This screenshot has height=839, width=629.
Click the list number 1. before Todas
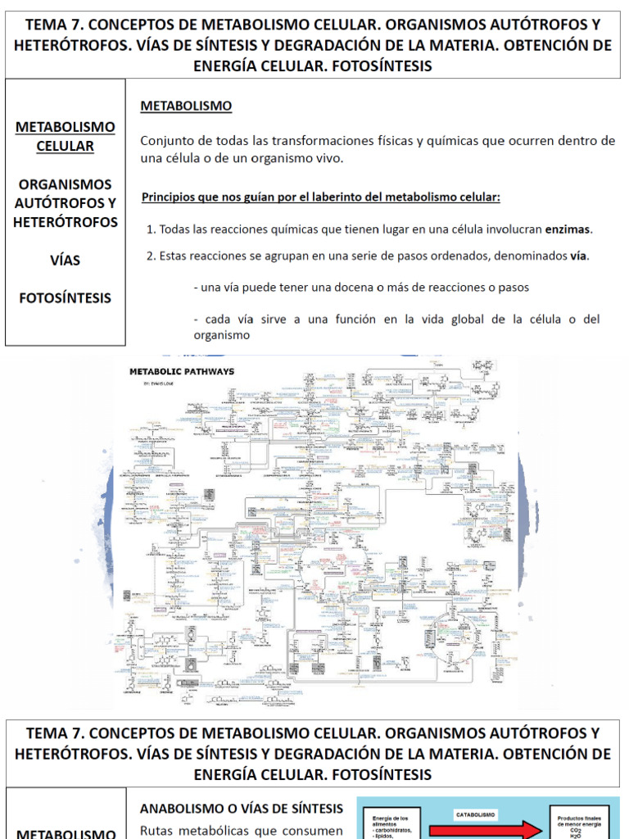click(x=151, y=229)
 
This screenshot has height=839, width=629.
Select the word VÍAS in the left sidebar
click(x=66, y=261)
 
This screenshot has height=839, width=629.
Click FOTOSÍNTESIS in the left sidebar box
click(x=66, y=298)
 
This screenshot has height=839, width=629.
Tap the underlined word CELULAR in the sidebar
click(x=66, y=147)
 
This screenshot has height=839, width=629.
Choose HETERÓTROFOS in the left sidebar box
click(x=66, y=222)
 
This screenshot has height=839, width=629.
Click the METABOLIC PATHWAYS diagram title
click(x=182, y=371)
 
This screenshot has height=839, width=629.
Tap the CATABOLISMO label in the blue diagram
click(x=475, y=815)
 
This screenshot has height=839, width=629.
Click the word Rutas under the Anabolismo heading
click(x=160, y=829)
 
